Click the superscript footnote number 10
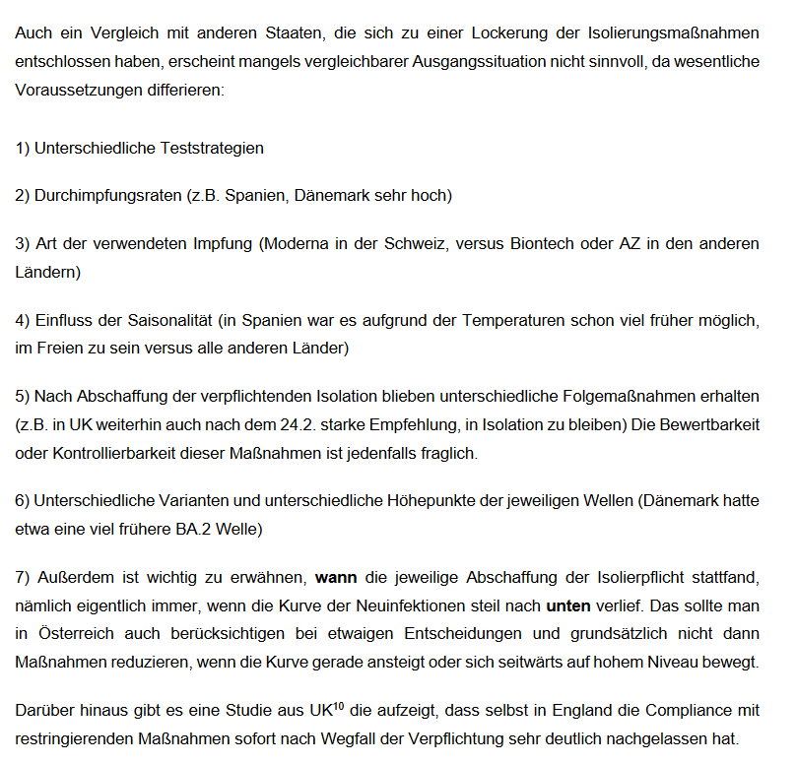(x=338, y=705)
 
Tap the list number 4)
(x=23, y=320)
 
